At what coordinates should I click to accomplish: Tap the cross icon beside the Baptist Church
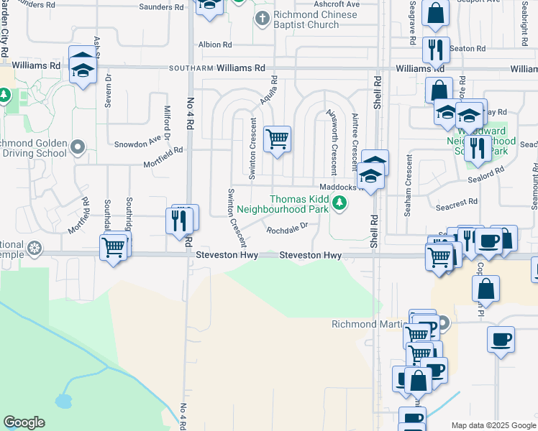click(x=263, y=17)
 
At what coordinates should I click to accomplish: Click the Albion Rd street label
click(x=215, y=45)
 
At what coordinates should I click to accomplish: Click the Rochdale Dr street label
click(x=287, y=230)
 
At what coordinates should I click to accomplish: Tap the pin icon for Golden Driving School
click(x=79, y=148)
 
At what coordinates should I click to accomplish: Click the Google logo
click(x=24, y=422)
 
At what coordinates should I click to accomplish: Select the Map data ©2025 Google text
click(x=493, y=425)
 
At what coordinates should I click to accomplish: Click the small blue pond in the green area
click(x=65, y=399)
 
